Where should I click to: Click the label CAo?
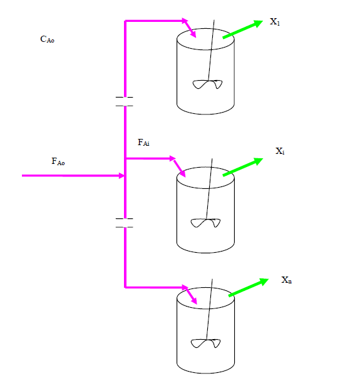click(47, 40)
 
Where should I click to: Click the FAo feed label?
click(58, 162)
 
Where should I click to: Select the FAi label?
click(143, 143)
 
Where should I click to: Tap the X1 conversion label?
click(275, 22)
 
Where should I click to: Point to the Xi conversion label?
click(280, 151)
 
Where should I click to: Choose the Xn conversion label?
click(286, 280)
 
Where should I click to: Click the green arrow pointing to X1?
click(242, 29)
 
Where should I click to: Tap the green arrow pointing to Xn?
click(249, 288)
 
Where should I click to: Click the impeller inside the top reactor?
click(207, 84)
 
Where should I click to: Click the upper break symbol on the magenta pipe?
click(125, 102)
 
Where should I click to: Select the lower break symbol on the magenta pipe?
click(125, 223)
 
